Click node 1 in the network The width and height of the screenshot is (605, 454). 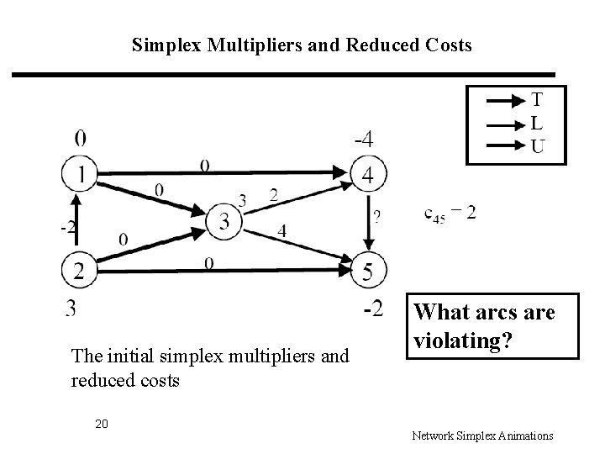click(79, 175)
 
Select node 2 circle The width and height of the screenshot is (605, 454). click(79, 269)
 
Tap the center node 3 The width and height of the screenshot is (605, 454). click(224, 220)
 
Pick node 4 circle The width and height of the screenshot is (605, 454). click(367, 175)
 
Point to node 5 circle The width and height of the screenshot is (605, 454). click(367, 269)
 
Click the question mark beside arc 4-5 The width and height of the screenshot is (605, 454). click(376, 218)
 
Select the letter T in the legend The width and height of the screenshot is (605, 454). click(536, 99)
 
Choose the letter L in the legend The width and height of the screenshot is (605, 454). click(536, 123)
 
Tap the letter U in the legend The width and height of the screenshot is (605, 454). click(536, 147)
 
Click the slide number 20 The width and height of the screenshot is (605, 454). click(101, 423)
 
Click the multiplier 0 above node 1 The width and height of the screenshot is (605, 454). click(79, 137)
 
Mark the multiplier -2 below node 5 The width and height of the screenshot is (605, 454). click(372, 310)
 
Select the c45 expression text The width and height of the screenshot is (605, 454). click(450, 214)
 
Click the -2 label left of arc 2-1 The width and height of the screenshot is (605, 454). click(67, 227)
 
